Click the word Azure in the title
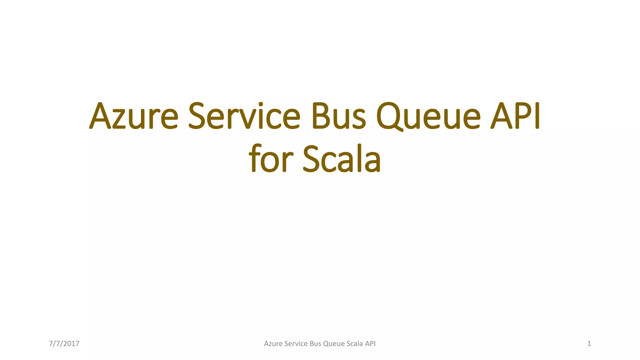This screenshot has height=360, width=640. (134, 116)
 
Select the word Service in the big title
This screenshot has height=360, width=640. (244, 116)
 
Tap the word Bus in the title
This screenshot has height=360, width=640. (338, 116)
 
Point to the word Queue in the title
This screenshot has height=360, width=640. (428, 116)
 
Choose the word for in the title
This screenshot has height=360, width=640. (271, 159)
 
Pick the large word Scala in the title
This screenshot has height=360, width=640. (342, 159)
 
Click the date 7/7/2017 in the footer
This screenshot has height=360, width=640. (64, 344)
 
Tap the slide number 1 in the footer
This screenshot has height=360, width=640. (589, 344)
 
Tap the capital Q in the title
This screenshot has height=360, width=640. (389, 116)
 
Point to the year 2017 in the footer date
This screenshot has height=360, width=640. (71, 344)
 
